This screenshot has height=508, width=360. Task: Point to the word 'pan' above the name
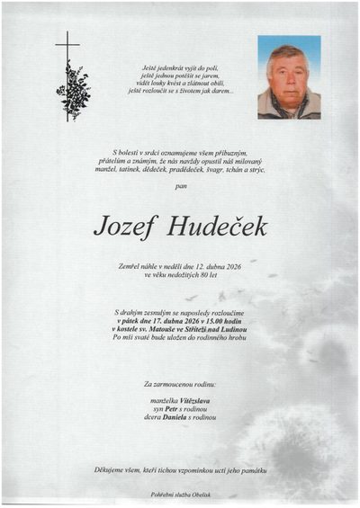click(x=180, y=187)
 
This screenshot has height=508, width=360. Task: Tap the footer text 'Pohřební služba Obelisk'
click(x=180, y=495)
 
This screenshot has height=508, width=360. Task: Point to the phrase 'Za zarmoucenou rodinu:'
click(x=180, y=384)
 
